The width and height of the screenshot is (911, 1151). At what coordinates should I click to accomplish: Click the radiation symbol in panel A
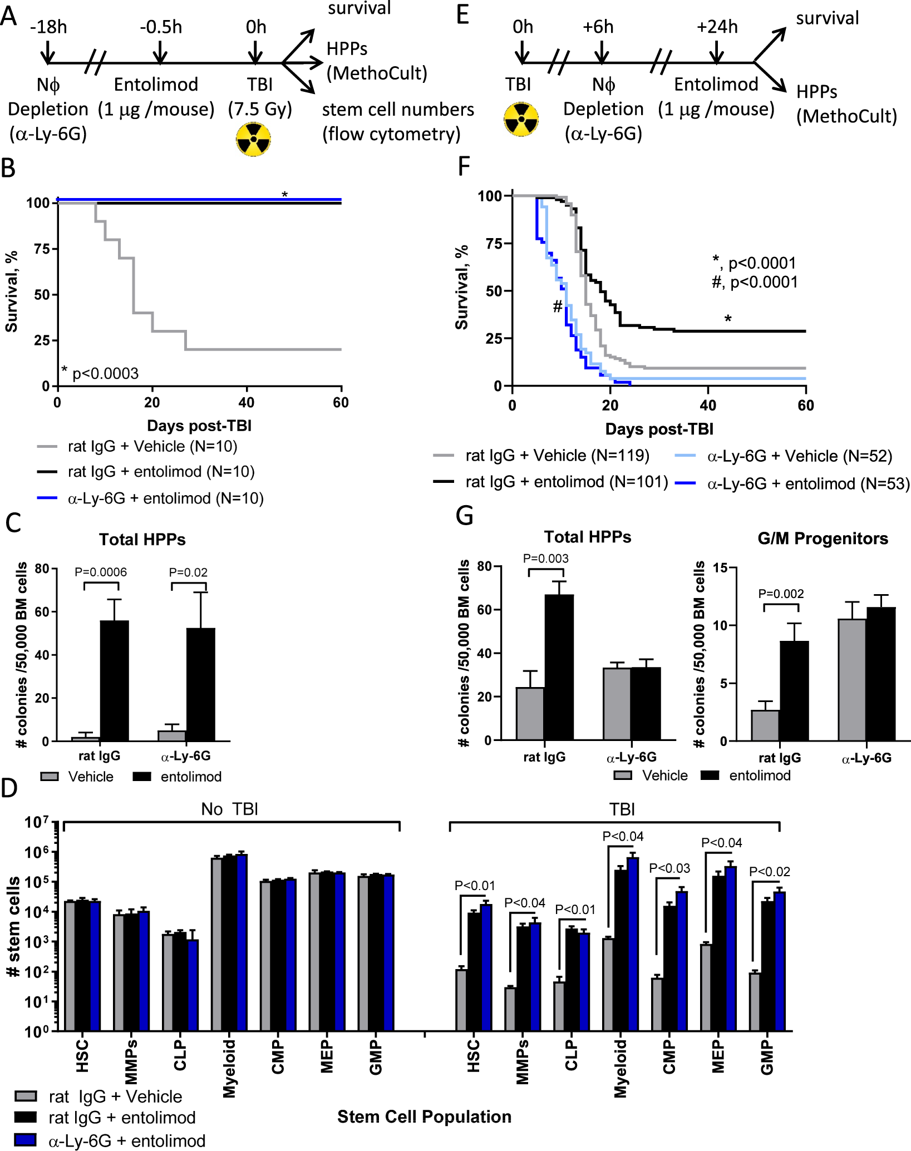click(253, 140)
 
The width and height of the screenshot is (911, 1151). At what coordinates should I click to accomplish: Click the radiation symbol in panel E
click(521, 118)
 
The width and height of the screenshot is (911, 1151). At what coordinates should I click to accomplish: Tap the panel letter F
click(463, 166)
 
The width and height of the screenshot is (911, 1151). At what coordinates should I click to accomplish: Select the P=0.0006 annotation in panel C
click(101, 572)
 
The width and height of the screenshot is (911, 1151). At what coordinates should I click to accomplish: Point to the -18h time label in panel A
click(48, 27)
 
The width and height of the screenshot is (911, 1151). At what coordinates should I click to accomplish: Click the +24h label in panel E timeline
click(717, 27)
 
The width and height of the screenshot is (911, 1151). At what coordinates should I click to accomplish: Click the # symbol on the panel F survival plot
click(557, 306)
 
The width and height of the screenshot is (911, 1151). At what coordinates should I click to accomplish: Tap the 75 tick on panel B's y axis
click(42, 249)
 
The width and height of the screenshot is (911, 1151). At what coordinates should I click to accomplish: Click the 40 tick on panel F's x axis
click(708, 405)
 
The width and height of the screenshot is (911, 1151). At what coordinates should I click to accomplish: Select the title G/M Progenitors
click(823, 539)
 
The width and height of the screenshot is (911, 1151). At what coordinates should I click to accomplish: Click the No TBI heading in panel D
click(229, 809)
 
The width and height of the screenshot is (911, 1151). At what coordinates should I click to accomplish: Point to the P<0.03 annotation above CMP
click(669, 868)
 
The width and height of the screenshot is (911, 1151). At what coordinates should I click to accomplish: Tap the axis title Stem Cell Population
click(424, 1117)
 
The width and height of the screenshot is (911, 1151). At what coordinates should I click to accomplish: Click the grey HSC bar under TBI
click(461, 1000)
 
